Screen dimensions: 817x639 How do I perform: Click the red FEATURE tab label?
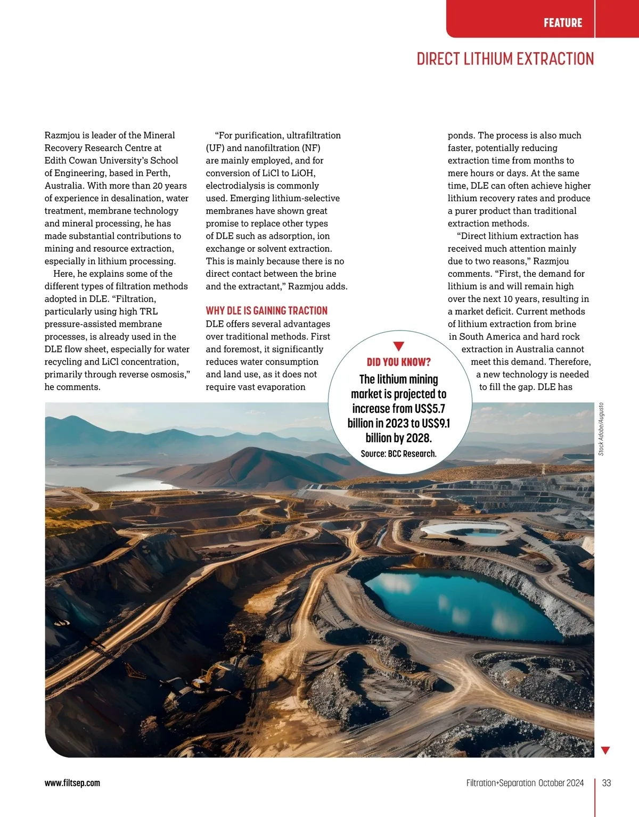563,23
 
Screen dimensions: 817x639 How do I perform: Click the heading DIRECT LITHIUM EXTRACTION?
505,59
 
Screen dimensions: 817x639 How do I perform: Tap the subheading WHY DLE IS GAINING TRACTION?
266,311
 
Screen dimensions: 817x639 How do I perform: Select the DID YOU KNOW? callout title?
399,362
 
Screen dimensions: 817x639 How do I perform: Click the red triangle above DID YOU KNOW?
398,346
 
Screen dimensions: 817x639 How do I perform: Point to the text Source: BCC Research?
398,453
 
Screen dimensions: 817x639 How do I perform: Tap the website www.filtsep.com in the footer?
72,783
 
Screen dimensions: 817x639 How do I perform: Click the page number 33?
607,783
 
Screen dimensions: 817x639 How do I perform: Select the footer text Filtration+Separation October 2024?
525,783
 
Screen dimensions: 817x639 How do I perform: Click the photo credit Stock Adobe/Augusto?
601,429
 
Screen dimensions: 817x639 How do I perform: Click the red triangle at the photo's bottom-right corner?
605,750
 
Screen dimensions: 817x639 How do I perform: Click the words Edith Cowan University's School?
111,160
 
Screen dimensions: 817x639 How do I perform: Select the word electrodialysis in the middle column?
235,186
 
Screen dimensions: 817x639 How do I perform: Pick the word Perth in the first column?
157,173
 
